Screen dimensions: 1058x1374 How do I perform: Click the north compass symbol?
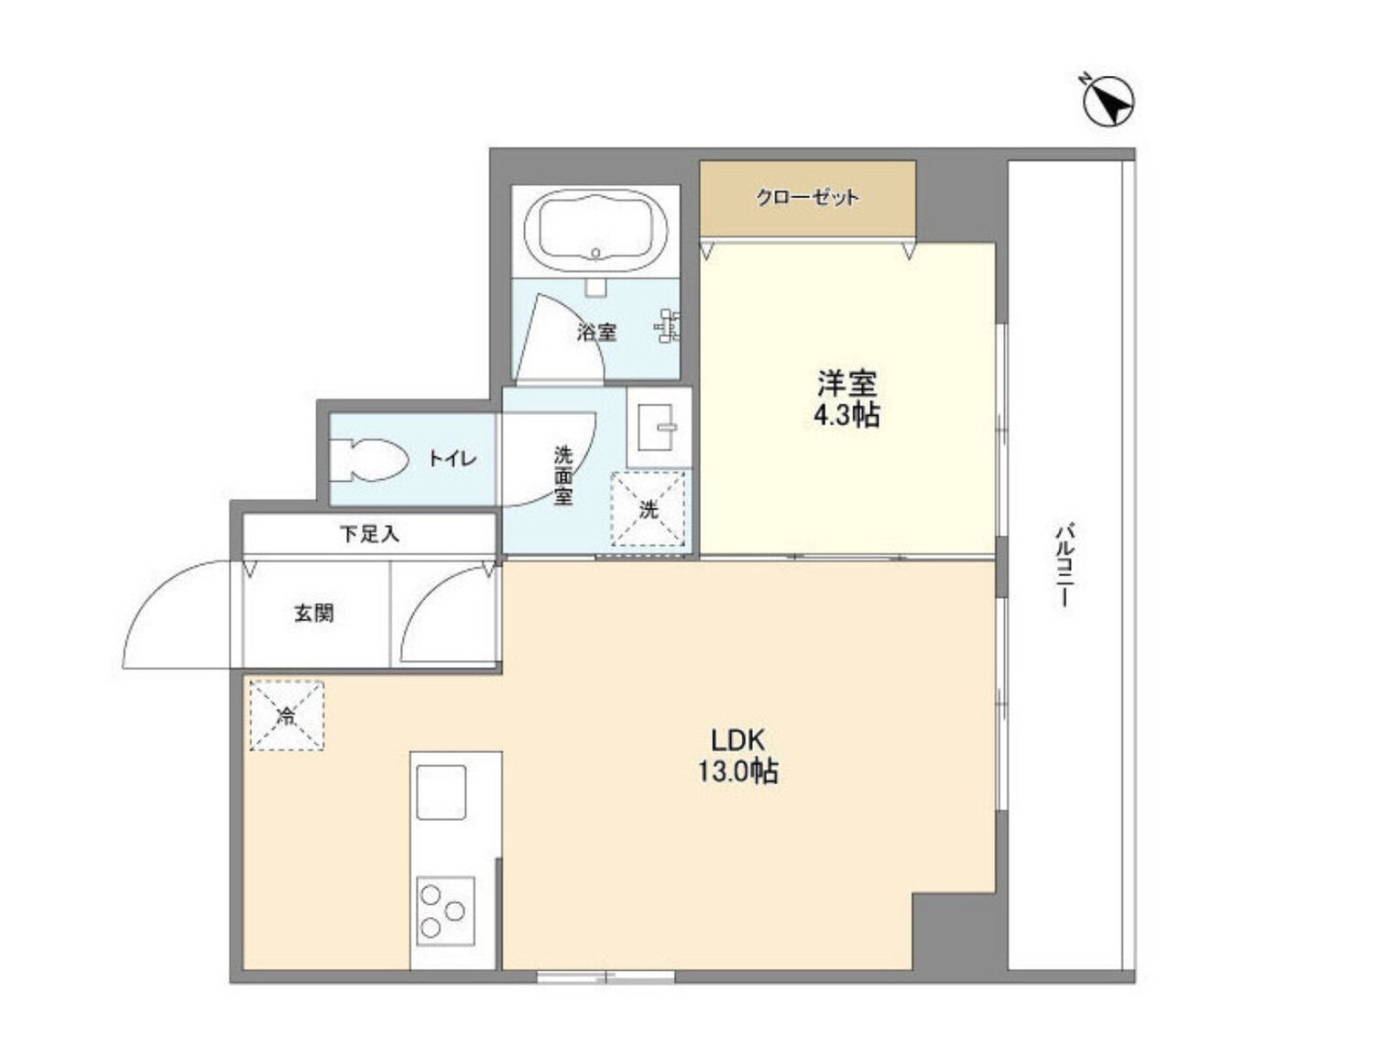[x=1108, y=100]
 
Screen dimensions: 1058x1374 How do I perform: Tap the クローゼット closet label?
[x=807, y=198]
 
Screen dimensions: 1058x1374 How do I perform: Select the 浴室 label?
[x=596, y=332]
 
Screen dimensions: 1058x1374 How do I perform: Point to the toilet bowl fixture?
[x=371, y=459]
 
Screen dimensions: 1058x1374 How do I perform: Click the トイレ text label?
[x=453, y=459]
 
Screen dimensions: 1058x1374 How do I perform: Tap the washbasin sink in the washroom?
[x=658, y=426]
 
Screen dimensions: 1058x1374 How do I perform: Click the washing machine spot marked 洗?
[x=649, y=509]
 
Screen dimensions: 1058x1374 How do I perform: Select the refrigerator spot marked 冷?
[x=287, y=715]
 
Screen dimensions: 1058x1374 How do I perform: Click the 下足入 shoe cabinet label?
[x=369, y=534]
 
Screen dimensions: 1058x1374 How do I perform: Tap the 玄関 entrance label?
[x=313, y=613]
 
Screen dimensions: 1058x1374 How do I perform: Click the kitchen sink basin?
[x=442, y=791]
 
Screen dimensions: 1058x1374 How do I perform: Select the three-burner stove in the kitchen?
[x=445, y=911]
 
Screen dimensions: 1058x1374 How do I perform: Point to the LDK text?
[x=737, y=739]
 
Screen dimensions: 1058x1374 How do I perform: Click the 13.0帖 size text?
[x=737, y=771]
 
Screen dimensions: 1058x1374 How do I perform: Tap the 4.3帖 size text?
[x=846, y=415]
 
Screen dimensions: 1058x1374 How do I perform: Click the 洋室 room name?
[x=846, y=381]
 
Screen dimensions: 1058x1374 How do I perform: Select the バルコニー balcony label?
[x=1064, y=564]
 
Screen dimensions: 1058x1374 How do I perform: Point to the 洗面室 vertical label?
[x=562, y=475]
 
